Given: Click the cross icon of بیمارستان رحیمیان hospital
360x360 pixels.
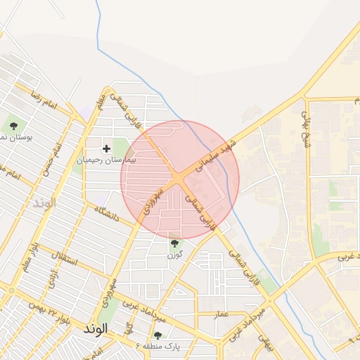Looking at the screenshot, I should (106, 148).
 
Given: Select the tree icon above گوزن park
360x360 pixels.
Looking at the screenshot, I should (174, 243).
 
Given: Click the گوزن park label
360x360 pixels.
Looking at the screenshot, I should (175, 255).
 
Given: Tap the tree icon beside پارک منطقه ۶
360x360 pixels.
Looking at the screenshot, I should (157, 335).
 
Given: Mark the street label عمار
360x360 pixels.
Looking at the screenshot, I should (221, 314).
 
